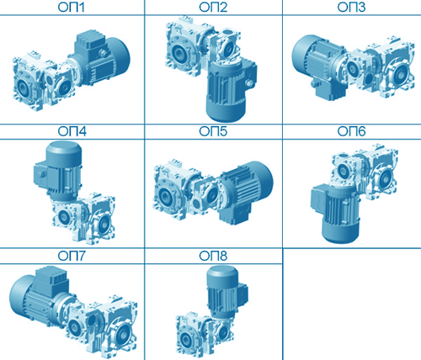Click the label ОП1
click(x=72, y=7)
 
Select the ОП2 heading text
click(x=213, y=7)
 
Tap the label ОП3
click(x=351, y=7)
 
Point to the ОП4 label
click(x=72, y=131)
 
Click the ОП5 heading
click(x=213, y=131)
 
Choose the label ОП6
click(x=351, y=131)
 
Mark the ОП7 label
click(x=72, y=256)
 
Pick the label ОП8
click(x=213, y=256)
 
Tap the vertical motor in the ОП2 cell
click(x=230, y=90)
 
